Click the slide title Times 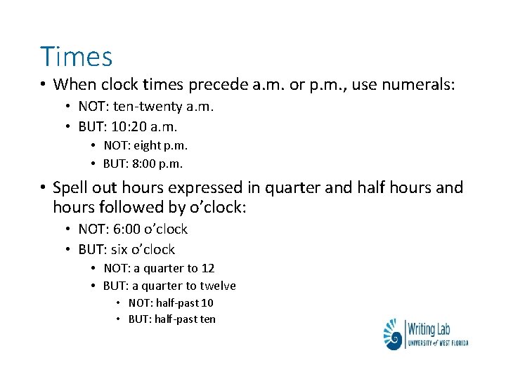tap(76, 56)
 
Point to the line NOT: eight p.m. tap(145, 146)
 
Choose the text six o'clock tap(143, 249)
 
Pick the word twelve tap(218, 286)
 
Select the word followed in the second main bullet tap(123, 208)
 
